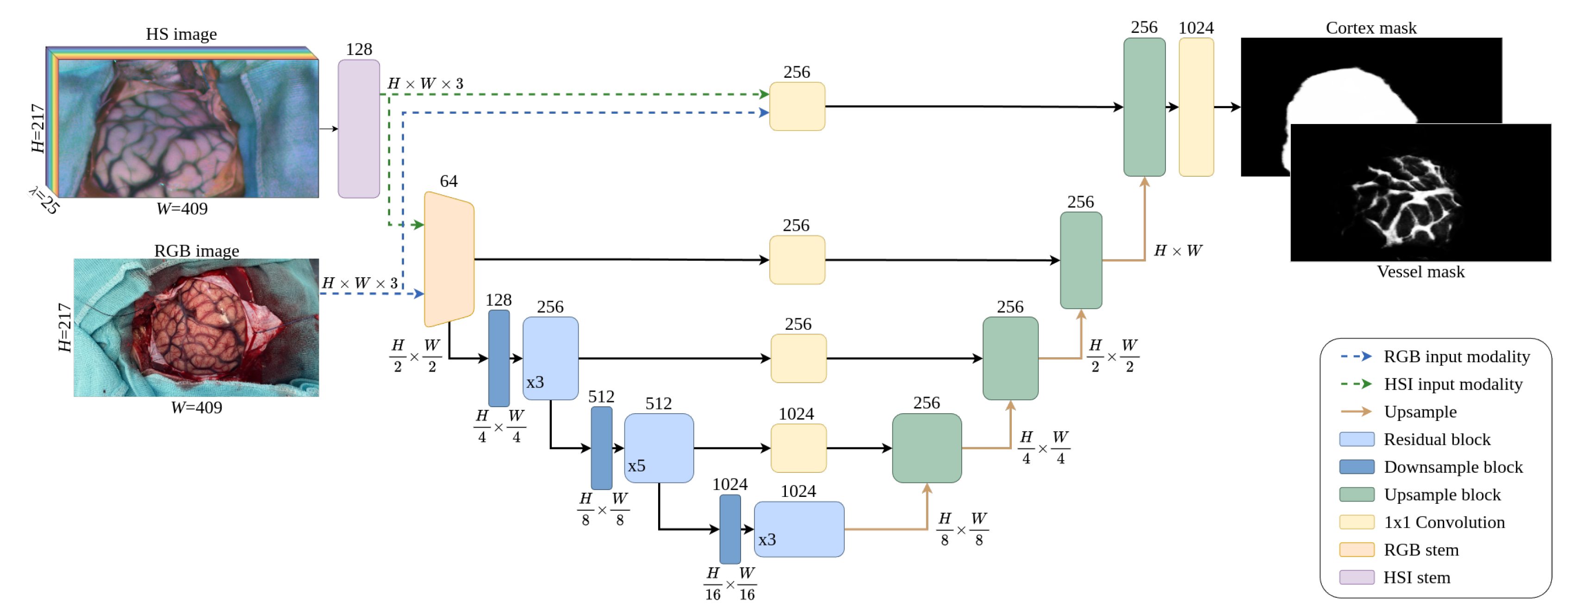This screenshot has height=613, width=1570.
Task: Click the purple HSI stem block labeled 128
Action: point(359,129)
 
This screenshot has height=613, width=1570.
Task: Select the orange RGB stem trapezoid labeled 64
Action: point(449,260)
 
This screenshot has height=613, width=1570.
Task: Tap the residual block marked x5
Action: point(658,448)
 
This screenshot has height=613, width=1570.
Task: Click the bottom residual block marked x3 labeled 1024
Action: point(798,529)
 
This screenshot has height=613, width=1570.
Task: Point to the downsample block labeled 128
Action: point(498,358)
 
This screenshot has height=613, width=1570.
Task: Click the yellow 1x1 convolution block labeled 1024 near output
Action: point(1196,107)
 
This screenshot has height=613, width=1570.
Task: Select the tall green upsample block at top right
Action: point(1144,107)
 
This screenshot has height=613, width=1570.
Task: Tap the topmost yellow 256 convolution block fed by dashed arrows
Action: point(797,106)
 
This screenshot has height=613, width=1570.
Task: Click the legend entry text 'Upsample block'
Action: point(1442,494)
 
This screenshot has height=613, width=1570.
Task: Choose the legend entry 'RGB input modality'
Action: point(1456,357)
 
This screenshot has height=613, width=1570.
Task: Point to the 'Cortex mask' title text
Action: point(1371,28)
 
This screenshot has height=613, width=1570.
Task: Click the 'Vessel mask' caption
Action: point(1420,272)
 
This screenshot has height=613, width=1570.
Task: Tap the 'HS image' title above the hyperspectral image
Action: point(181,34)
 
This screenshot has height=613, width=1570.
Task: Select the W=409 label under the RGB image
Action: point(196,408)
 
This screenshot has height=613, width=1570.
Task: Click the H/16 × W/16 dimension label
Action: point(729,584)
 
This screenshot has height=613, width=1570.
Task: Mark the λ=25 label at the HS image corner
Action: point(44,200)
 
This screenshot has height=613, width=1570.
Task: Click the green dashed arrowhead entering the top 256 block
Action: point(764,94)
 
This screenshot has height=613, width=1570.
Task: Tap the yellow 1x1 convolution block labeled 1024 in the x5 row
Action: point(798,448)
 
